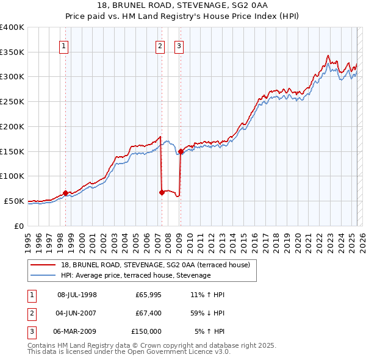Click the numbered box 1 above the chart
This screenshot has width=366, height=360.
pyautogui.click(x=64, y=45)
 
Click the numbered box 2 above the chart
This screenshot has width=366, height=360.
pyautogui.click(x=160, y=45)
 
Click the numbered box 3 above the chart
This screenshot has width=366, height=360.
pyautogui.click(x=179, y=45)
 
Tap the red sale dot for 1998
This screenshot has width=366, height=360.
pyautogui.click(x=65, y=193)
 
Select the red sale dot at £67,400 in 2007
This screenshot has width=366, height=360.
pyautogui.click(x=162, y=192)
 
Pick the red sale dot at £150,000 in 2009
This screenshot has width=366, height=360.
pyautogui.click(x=181, y=151)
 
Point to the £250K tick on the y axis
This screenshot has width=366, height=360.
pyautogui.click(x=12, y=102)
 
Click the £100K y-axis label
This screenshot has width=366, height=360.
pyautogui.click(x=12, y=176)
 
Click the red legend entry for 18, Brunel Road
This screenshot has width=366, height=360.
pyautogui.click(x=156, y=265)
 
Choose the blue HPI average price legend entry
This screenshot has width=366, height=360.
pyautogui.click(x=135, y=276)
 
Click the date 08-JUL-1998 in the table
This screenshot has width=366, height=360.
pyautogui.click(x=77, y=295)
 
